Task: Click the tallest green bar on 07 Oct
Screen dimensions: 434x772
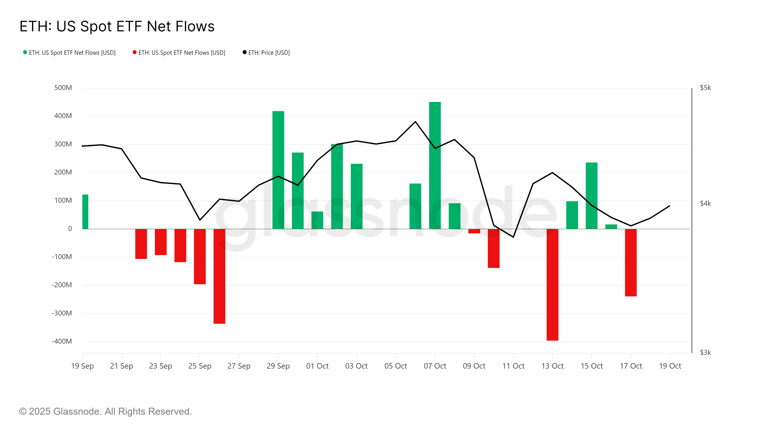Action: click(435, 165)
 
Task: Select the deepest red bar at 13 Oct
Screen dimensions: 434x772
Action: click(552, 285)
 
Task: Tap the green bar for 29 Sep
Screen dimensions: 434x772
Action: click(278, 170)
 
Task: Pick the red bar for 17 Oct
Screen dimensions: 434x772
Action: click(631, 263)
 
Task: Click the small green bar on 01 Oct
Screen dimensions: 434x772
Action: click(317, 220)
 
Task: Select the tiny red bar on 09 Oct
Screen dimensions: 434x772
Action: click(474, 231)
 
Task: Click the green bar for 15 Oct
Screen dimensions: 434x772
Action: click(592, 196)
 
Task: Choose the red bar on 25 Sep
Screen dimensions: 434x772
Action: click(200, 256)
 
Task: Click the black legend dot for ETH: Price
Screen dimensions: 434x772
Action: click(245, 52)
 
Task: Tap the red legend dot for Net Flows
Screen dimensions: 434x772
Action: click(135, 52)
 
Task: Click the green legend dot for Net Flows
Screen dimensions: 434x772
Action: click(25, 52)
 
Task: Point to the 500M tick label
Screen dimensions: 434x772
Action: click(63, 88)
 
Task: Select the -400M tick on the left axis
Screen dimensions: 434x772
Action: click(62, 341)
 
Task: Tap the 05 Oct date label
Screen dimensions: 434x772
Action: click(396, 366)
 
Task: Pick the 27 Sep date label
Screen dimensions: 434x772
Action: click(239, 366)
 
